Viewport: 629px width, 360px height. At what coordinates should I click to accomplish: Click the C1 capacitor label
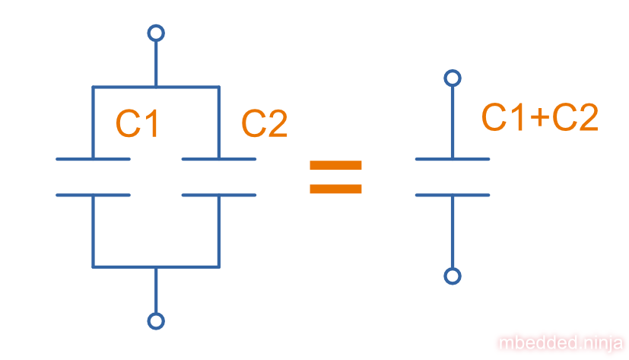(138, 123)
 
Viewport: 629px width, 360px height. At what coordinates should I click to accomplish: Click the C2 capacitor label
(264, 123)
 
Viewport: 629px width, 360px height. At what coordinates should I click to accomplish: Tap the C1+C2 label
(540, 117)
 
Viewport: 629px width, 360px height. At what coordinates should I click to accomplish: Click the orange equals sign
(335, 177)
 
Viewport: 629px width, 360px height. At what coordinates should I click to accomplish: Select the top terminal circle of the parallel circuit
(156, 33)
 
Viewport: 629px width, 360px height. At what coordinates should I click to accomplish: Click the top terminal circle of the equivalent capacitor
(453, 78)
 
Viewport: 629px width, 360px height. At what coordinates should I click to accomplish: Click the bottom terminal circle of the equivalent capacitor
(453, 276)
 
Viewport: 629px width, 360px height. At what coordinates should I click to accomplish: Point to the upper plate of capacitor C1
(93, 159)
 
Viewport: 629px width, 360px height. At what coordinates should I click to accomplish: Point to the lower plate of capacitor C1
(93, 195)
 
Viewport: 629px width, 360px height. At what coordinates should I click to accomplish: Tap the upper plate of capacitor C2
(219, 159)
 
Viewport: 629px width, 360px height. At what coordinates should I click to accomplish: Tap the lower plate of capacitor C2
(219, 195)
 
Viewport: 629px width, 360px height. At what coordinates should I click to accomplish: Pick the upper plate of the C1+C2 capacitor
(453, 159)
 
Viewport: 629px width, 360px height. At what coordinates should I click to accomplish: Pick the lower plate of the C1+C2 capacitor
(453, 195)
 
